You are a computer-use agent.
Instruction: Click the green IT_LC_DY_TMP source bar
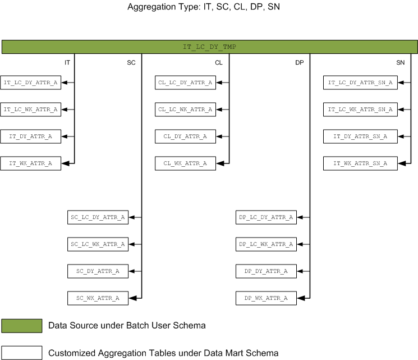pos(209,47)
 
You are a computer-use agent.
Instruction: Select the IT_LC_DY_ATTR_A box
pos(30,83)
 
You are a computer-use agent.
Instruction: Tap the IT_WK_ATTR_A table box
pos(30,163)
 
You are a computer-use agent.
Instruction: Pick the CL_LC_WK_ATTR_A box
pos(185,110)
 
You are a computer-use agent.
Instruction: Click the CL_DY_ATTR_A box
pos(185,136)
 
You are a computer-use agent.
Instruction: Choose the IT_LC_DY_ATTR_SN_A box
pos(360,83)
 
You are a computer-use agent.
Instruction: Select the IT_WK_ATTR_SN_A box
pos(360,163)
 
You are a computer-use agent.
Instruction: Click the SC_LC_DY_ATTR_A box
pos(98,217)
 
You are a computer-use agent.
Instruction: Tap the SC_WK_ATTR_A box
pos(98,298)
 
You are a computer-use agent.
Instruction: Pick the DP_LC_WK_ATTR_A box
pos(266,244)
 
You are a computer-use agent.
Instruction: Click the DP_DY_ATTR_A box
pos(266,271)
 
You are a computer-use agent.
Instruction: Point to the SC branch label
pos(131,62)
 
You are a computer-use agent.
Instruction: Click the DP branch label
pos(299,62)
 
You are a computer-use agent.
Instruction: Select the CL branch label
pos(219,62)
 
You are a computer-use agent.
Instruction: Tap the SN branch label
pos(400,62)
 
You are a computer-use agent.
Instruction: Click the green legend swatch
pos(22,326)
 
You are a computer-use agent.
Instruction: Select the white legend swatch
pos(22,353)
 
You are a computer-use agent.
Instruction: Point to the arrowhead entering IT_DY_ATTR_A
pos(65,136)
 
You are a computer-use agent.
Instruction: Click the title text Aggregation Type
pos(163,7)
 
